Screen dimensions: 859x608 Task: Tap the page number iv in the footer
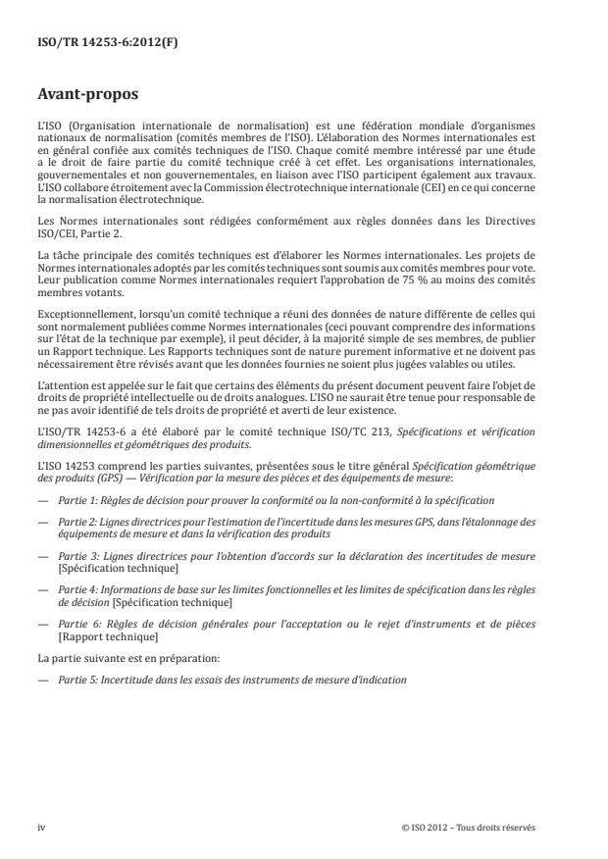(42, 827)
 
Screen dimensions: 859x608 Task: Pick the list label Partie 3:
(79, 555)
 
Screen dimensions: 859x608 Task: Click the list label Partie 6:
(79, 625)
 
